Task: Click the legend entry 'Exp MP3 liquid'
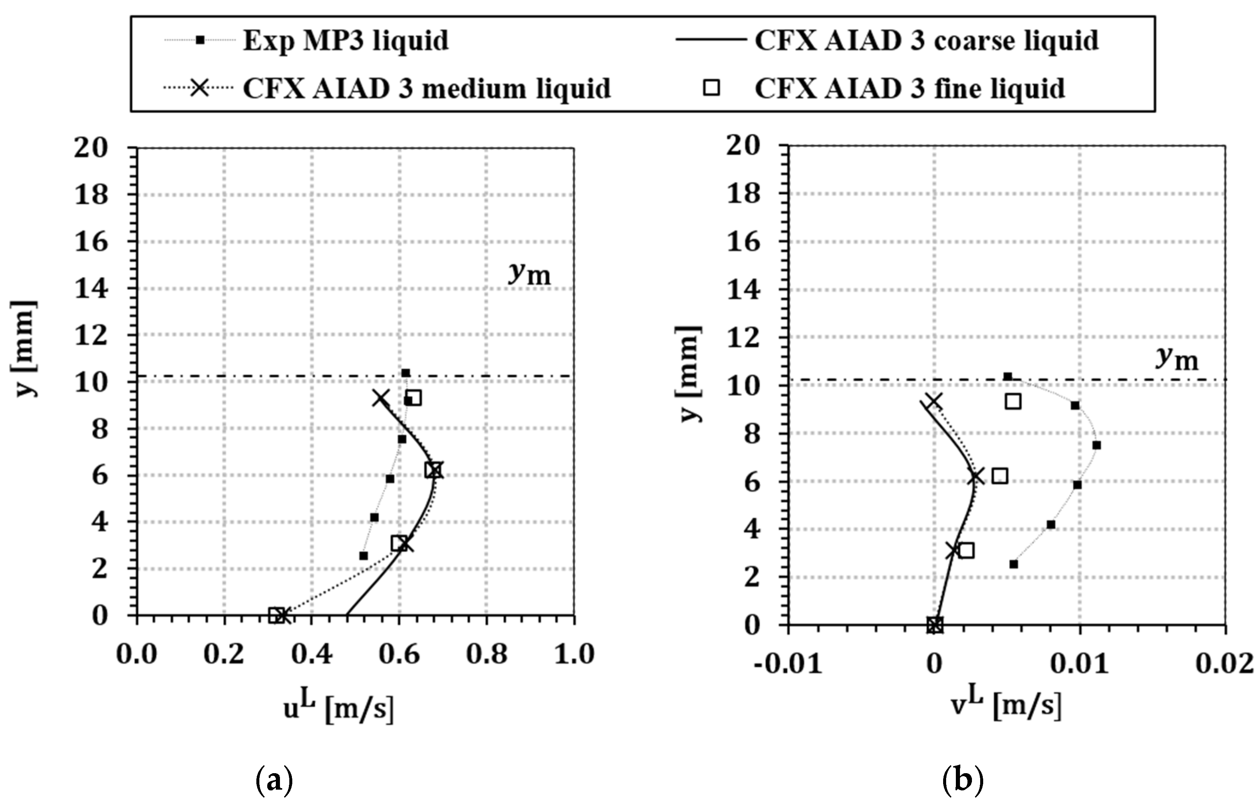click(x=345, y=40)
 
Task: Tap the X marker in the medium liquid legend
click(x=199, y=88)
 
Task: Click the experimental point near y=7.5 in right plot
click(x=1097, y=445)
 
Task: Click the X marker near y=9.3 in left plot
click(x=381, y=398)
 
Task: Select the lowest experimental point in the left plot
click(x=363, y=556)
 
